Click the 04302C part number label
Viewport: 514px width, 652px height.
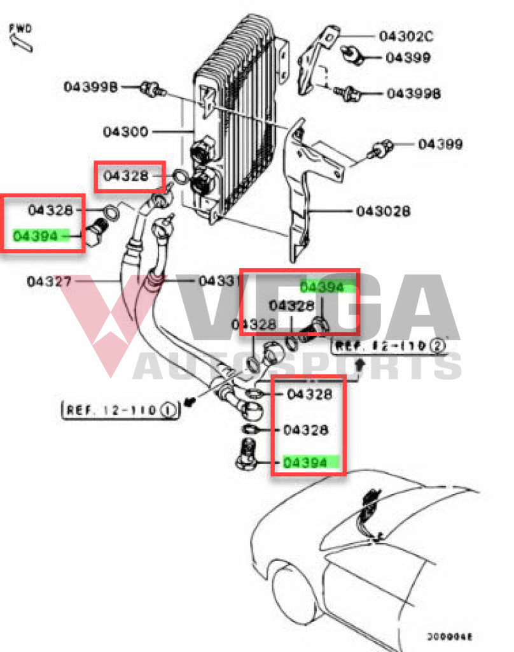click(406, 36)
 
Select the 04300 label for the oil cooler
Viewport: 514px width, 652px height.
click(125, 132)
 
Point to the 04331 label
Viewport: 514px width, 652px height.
click(218, 280)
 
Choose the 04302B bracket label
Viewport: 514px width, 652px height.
click(383, 210)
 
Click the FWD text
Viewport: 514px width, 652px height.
click(21, 28)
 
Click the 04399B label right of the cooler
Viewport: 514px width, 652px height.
click(413, 94)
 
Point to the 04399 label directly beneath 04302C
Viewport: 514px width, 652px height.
click(408, 58)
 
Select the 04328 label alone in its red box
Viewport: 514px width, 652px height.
click(125, 176)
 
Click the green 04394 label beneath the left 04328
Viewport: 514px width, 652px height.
click(40, 236)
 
